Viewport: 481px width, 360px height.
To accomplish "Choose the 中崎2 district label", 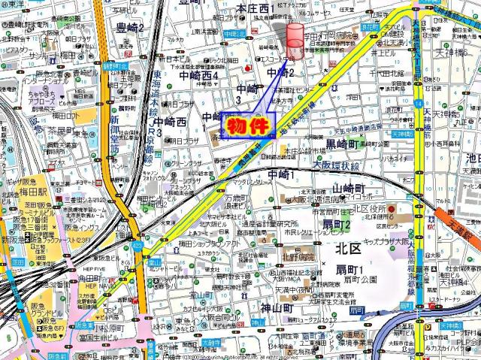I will coord(280,72).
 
